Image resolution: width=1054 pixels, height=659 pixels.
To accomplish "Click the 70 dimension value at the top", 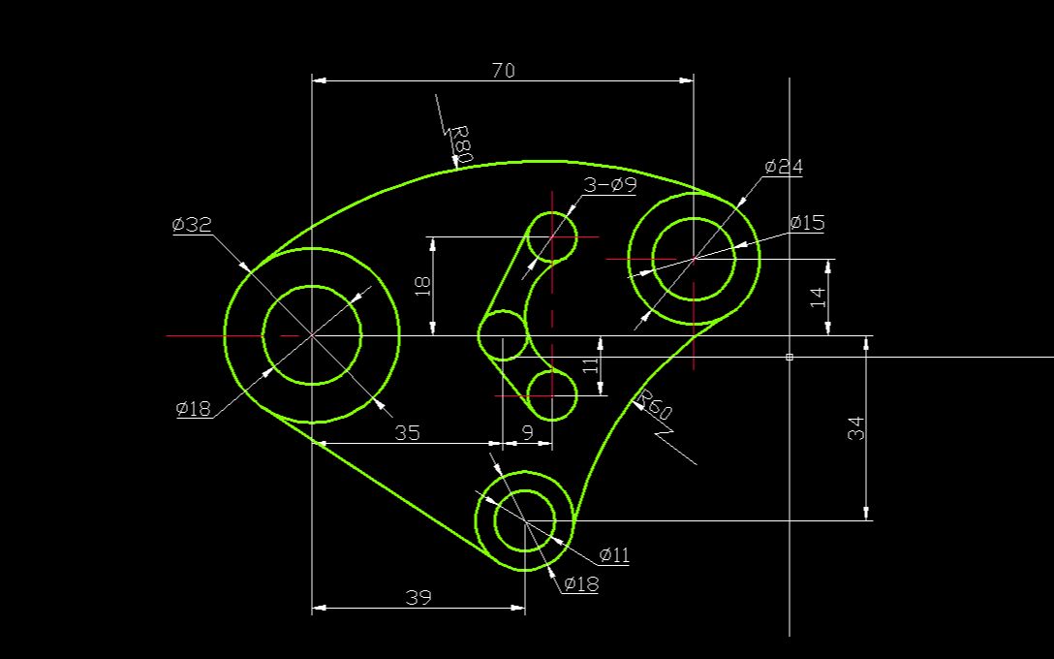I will [x=504, y=70].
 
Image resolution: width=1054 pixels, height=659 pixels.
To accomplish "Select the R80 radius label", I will [x=461, y=143].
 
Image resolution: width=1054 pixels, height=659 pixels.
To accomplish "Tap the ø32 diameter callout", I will [x=192, y=225].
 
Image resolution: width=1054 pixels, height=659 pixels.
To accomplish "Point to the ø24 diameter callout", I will [x=784, y=167].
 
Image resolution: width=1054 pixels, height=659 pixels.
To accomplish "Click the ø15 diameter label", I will [x=807, y=223].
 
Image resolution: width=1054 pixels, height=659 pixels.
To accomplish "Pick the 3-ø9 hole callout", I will [x=609, y=185].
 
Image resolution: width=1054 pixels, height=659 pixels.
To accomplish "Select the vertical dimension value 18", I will [x=421, y=285].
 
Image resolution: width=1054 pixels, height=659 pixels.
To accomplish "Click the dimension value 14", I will [x=818, y=298].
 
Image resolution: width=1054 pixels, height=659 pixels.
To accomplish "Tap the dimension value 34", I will [x=855, y=428].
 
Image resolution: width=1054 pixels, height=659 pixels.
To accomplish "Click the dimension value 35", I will [x=408, y=433].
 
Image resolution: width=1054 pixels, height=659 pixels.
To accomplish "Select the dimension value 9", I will [x=527, y=433].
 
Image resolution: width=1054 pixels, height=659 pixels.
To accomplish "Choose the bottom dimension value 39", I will [x=418, y=598].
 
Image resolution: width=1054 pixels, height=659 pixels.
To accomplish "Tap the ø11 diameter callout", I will [x=614, y=555].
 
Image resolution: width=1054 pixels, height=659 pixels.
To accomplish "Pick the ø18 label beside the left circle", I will [x=194, y=408].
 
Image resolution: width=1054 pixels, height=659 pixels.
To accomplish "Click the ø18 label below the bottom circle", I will [x=581, y=583].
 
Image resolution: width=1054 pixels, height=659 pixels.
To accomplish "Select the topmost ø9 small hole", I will [x=551, y=236].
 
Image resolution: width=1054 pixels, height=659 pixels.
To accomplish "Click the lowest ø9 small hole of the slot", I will [x=551, y=395].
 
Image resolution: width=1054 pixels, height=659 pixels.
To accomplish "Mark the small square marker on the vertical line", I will [x=790, y=357].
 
